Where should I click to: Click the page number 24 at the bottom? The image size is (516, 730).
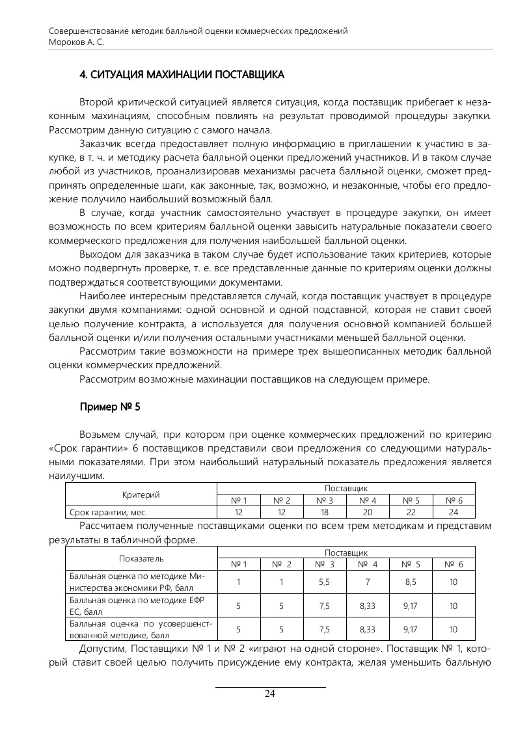click(x=270, y=694)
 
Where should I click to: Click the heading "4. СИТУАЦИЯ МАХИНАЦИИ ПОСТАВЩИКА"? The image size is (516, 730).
click(x=182, y=75)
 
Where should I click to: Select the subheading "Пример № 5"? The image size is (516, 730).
click(x=110, y=407)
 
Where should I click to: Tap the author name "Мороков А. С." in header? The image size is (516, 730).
click(x=77, y=41)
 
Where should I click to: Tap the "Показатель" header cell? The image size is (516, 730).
click(x=141, y=558)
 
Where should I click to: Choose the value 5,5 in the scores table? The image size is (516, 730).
click(x=325, y=582)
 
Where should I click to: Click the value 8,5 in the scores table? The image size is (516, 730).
click(x=411, y=582)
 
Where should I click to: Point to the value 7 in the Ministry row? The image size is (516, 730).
click(x=368, y=582)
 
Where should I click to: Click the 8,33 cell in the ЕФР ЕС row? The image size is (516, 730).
click(x=368, y=606)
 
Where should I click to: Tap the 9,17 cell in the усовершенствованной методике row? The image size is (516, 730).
click(x=411, y=629)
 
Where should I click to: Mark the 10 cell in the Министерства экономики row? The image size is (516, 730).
click(x=454, y=582)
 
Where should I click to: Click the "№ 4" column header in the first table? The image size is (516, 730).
click(x=368, y=500)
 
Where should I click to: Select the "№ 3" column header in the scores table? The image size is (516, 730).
click(x=325, y=564)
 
